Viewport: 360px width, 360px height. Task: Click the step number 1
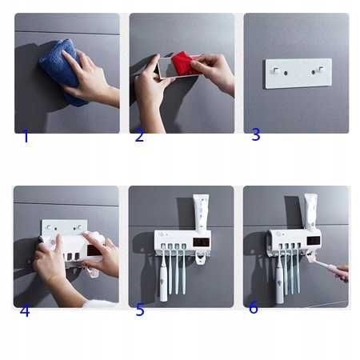(x=26, y=136)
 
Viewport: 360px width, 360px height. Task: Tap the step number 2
(x=139, y=135)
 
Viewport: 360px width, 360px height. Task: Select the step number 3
(x=256, y=134)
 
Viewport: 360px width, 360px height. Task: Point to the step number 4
(x=25, y=311)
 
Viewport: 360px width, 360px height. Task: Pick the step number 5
(x=140, y=310)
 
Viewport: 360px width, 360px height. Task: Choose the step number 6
(x=254, y=307)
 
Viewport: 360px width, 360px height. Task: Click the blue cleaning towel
(x=62, y=70)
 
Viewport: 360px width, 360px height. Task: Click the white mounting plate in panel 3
(x=298, y=74)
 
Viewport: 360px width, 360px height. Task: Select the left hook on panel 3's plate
(x=275, y=71)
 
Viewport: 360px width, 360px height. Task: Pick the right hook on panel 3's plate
(x=321, y=69)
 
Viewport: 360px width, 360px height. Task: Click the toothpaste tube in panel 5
(x=201, y=212)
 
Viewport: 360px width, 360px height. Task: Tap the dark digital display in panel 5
(x=202, y=242)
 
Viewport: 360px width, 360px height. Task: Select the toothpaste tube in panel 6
(x=311, y=212)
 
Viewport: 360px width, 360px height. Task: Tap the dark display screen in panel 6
(x=314, y=241)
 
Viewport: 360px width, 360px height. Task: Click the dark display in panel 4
(x=94, y=251)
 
